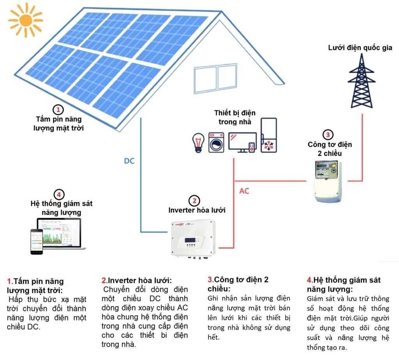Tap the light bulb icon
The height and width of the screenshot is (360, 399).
[x=199, y=142]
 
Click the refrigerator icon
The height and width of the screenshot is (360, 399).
[x=269, y=135]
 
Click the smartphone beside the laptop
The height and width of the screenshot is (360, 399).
[x=37, y=242]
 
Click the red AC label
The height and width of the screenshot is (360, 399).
[x=244, y=191]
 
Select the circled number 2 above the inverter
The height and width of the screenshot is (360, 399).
[x=194, y=201]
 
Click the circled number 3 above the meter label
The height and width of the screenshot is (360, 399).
[x=328, y=135]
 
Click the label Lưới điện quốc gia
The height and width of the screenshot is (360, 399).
[x=360, y=48]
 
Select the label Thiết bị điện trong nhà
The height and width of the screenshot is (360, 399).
[x=235, y=117]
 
